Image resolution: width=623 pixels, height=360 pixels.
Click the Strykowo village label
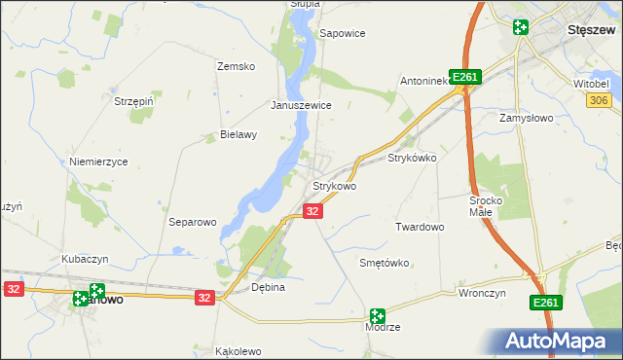pyautogui.click(x=334, y=186)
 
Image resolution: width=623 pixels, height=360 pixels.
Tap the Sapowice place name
pyautogui.click(x=343, y=33)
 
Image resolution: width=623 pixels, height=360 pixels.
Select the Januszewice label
pyautogui.click(x=302, y=105)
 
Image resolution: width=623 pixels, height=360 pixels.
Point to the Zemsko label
pyautogui.click(x=235, y=66)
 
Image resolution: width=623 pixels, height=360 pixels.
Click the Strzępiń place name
pyautogui.click(x=135, y=100)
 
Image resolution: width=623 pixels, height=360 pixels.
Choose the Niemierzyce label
pyautogui.click(x=98, y=162)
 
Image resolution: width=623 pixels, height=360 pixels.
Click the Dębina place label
pyautogui.click(x=268, y=288)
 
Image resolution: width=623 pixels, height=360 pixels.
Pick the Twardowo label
pyautogui.click(x=420, y=227)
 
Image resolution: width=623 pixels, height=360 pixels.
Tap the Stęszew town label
pyautogui.click(x=588, y=29)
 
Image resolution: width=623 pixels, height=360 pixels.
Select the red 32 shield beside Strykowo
pyautogui.click(x=312, y=211)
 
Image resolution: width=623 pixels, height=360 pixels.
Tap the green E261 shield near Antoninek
pyautogui.click(x=466, y=78)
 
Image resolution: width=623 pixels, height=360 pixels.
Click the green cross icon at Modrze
pyautogui.click(x=377, y=316)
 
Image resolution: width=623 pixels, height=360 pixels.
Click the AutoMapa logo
pyautogui.click(x=560, y=342)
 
